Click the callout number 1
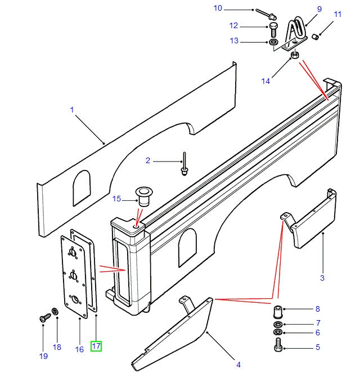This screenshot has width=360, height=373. [72, 110]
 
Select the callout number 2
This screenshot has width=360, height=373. [148, 161]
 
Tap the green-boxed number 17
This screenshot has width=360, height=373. [96, 346]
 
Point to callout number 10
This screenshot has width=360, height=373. [218, 8]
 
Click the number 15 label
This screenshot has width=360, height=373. [117, 199]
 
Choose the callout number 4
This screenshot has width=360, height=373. [238, 365]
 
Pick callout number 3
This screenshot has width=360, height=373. [322, 277]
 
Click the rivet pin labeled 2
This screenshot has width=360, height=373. [184, 164]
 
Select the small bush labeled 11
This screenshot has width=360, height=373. [316, 37]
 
